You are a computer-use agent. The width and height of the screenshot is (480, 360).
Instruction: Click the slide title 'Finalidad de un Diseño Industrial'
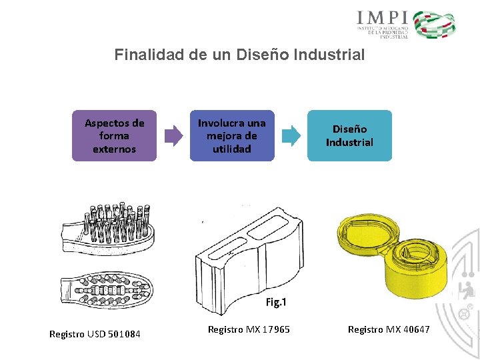(x=239, y=55)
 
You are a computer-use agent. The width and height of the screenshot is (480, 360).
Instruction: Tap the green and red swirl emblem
(x=434, y=25)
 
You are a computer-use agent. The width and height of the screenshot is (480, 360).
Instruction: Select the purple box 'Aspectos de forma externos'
(x=114, y=136)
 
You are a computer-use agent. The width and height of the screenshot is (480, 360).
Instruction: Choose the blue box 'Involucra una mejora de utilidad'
(x=231, y=136)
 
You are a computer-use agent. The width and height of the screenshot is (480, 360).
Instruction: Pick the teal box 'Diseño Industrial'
(x=349, y=136)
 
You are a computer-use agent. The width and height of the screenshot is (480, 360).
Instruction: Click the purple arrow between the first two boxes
(x=173, y=135)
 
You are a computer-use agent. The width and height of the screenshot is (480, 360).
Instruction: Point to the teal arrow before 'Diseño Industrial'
(x=291, y=135)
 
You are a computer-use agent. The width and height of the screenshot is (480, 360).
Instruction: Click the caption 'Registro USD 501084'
(x=95, y=333)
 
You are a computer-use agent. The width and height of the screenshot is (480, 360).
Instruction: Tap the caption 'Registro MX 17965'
(x=249, y=329)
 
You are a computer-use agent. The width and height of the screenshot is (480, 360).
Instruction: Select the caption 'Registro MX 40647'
(x=389, y=329)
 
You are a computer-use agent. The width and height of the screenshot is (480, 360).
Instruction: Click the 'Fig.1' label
(x=276, y=303)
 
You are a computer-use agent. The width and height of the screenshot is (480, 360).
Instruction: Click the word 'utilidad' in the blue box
(x=231, y=149)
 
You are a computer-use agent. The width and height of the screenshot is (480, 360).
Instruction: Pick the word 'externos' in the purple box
(x=114, y=149)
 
